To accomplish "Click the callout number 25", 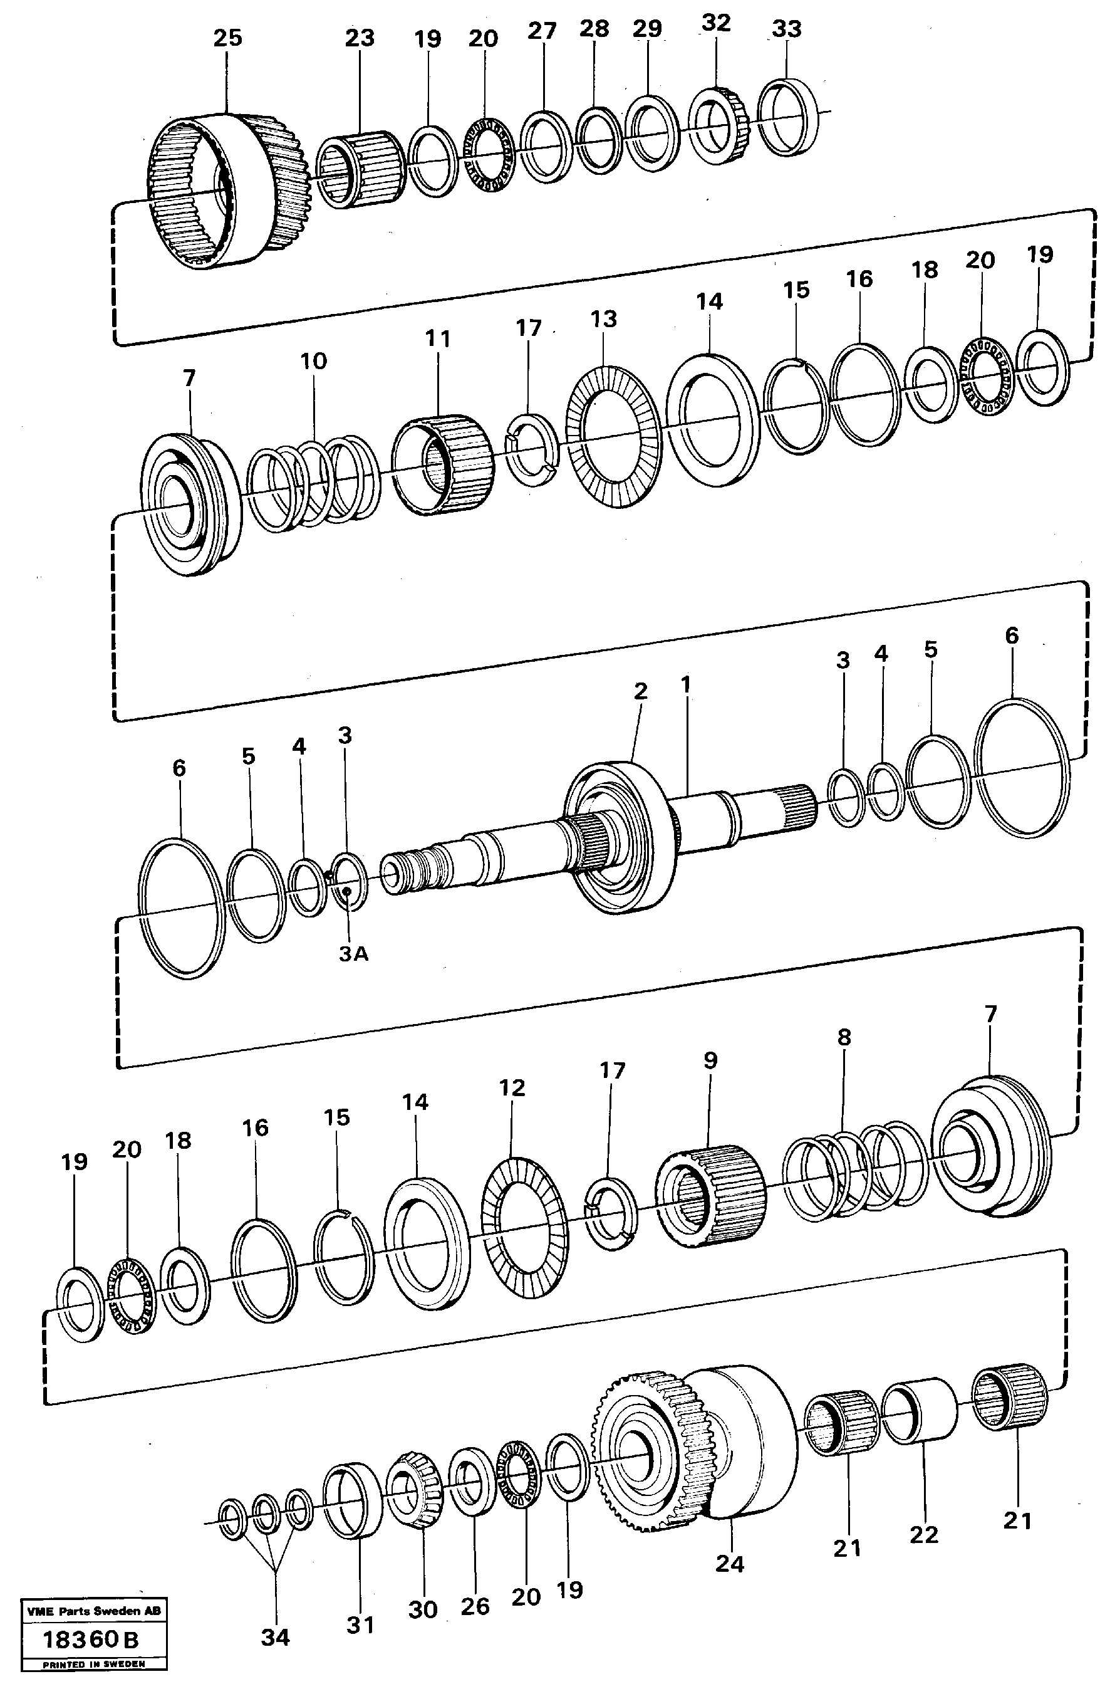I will (227, 38).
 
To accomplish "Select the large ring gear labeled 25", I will (226, 191).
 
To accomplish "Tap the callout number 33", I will (786, 29).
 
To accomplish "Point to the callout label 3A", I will (353, 954).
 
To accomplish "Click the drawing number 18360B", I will (91, 1639).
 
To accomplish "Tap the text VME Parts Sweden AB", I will (93, 1611).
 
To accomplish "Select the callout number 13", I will (603, 319).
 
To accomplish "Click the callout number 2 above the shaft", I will (640, 691).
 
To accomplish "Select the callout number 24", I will (729, 1564).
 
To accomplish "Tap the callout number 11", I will (437, 339).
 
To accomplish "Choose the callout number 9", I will (710, 1060).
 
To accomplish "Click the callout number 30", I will (422, 1609).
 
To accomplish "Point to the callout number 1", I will (685, 684).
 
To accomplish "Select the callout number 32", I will (715, 23).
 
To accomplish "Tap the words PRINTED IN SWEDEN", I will (93, 1663).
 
